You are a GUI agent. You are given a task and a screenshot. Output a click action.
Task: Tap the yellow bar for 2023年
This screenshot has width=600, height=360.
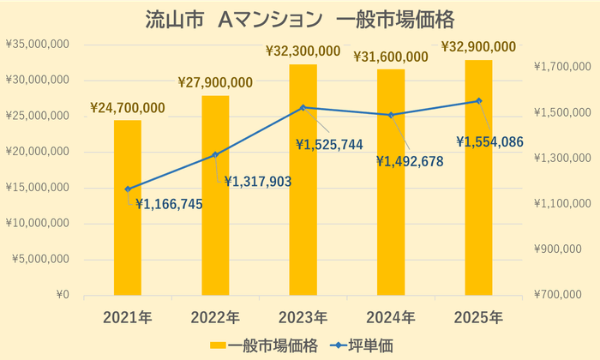tap(303, 180)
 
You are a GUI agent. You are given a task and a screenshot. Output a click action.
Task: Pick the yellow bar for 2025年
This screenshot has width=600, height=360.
tap(478, 177)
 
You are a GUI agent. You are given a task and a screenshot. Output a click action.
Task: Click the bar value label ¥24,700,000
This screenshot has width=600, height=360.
tap(128, 108)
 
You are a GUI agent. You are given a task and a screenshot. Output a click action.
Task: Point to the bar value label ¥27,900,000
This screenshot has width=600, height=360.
tap(215, 82)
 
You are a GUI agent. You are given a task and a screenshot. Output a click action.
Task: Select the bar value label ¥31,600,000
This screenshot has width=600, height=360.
tap(391, 57)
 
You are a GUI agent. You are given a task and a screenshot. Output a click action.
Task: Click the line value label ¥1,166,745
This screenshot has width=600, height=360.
tap(169, 204)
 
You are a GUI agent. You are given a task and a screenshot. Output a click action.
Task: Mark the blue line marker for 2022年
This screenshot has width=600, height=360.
tap(215, 155)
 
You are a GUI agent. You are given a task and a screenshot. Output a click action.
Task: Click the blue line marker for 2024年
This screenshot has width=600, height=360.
tap(391, 115)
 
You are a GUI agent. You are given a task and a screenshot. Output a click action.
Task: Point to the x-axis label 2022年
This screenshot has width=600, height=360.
tap(215, 318)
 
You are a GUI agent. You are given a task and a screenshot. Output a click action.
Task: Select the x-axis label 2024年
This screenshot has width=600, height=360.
tap(391, 318)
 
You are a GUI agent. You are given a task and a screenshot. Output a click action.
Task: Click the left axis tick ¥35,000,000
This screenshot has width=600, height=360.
tap(38, 44)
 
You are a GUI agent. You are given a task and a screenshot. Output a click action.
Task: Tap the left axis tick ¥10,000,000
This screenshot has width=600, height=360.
tap(38, 224)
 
